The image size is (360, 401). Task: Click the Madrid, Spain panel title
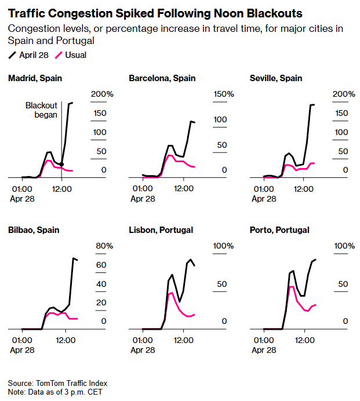[35, 78]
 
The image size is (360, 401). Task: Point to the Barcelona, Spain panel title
[162, 78]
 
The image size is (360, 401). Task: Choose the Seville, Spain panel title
[276, 78]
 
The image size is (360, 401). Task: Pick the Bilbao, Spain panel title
[34, 230]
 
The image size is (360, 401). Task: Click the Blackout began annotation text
[41, 110]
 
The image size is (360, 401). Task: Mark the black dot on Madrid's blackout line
[62, 165]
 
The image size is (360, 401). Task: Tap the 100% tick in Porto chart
[344, 246]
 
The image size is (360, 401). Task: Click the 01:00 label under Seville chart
[263, 188]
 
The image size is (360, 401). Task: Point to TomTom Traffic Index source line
[57, 383]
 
